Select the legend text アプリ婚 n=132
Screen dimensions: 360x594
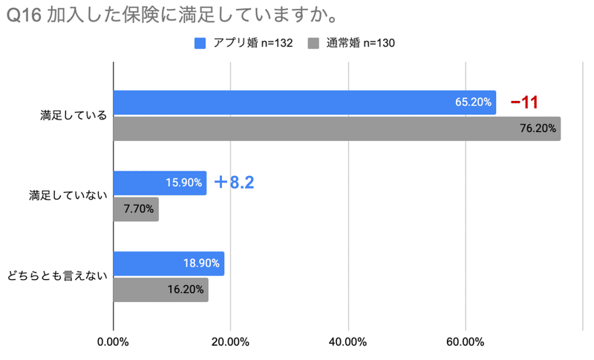pyautogui.click(x=255, y=43)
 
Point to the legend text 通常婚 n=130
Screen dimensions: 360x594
pyautogui.click(x=361, y=43)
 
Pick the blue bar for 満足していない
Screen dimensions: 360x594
pyautogui.click(x=160, y=183)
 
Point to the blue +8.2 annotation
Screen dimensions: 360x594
pyautogui.click(x=234, y=183)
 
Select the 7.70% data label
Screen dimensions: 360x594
pyautogui.click(x=139, y=209)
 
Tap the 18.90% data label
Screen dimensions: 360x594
pyautogui.click(x=201, y=264)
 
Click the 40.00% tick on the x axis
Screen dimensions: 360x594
pyautogui.click(x=347, y=342)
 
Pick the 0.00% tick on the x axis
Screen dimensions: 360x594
pyautogui.click(x=113, y=342)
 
